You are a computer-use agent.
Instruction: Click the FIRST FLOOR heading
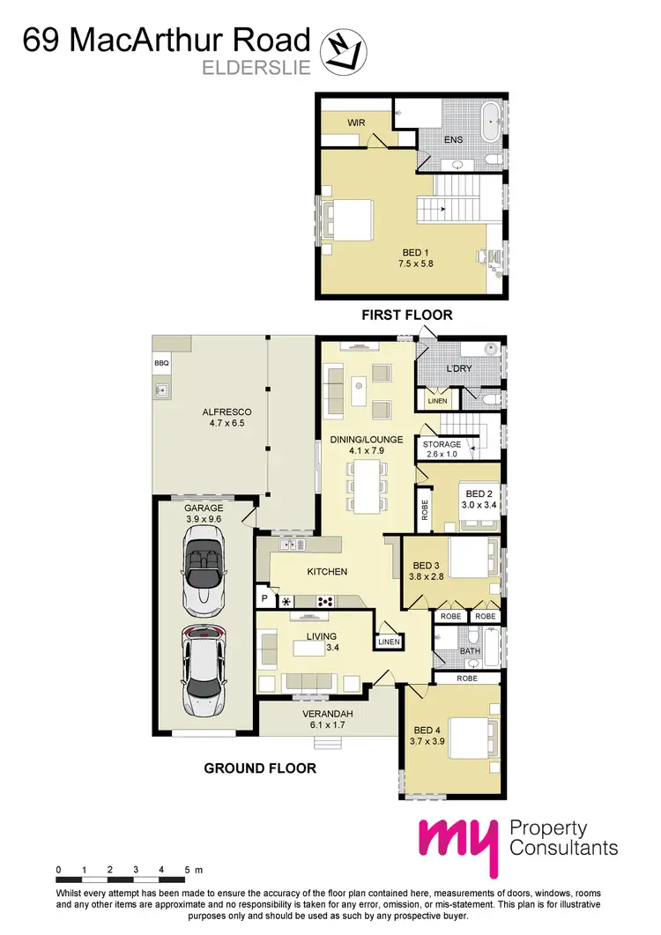tap(407, 315)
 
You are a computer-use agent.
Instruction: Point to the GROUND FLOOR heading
tap(260, 768)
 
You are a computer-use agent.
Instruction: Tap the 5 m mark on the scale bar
tap(188, 871)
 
